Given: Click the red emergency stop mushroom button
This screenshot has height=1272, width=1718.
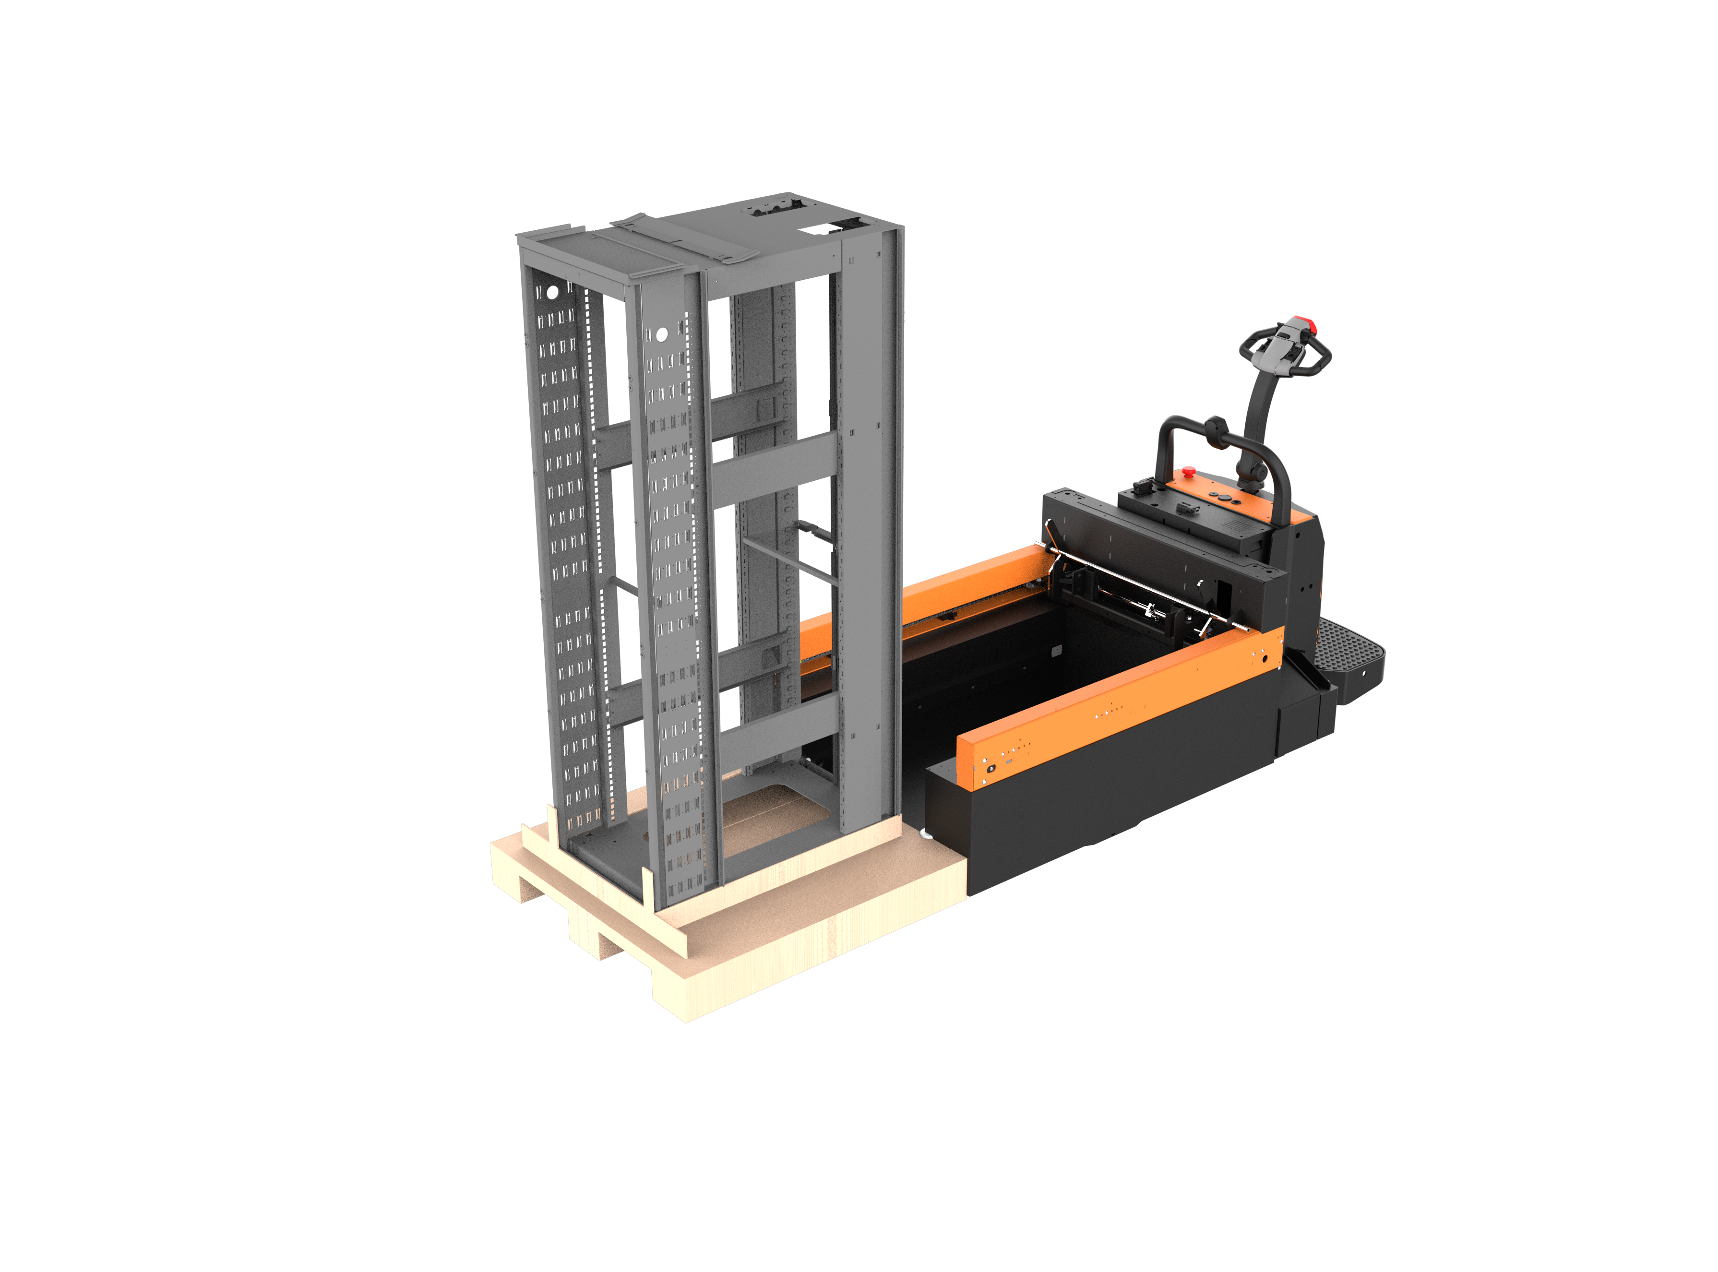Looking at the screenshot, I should click(1189, 470).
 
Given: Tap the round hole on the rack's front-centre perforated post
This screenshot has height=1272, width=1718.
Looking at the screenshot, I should click(661, 334).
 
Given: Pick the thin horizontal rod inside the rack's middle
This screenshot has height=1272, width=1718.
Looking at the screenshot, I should click(789, 560).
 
